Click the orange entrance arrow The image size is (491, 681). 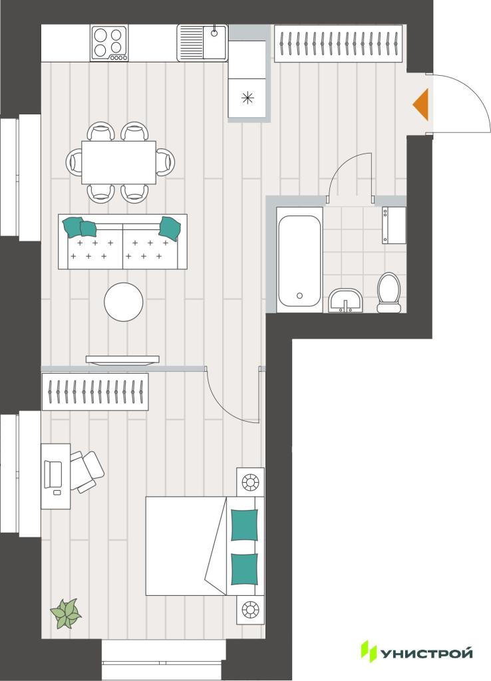[x=422, y=104]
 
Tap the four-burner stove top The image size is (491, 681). [x=110, y=43]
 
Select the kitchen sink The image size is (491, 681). [x=202, y=43]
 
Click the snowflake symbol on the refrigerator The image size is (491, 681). [x=247, y=98]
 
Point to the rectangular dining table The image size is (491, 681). [x=118, y=162]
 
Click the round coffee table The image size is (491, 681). [x=124, y=302]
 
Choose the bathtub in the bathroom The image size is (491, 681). [x=299, y=260]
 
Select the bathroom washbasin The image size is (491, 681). [x=345, y=300]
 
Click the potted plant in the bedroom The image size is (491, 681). [x=66, y=613]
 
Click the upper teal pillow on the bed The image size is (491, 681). [x=244, y=525]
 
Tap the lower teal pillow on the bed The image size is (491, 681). [x=244, y=569]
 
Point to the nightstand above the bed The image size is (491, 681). [x=250, y=481]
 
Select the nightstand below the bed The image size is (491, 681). [x=250, y=609]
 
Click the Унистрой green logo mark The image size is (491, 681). [x=369, y=652]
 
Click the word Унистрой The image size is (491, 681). [x=426, y=653]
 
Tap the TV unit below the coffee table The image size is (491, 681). [x=122, y=360]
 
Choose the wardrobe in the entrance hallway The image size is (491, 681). [x=337, y=43]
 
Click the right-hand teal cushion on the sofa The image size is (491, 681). [x=170, y=227]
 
